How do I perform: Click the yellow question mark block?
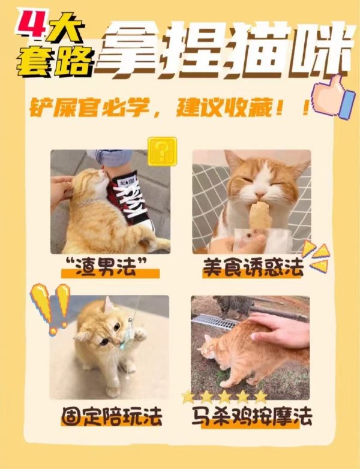tap(162, 151)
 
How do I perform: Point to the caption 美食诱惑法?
tap(253, 267)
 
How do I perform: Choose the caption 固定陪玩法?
tap(112, 416)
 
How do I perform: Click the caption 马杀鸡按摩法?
tap(252, 416)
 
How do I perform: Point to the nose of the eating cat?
tap(260, 195)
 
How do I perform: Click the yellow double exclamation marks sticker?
tap(51, 308)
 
